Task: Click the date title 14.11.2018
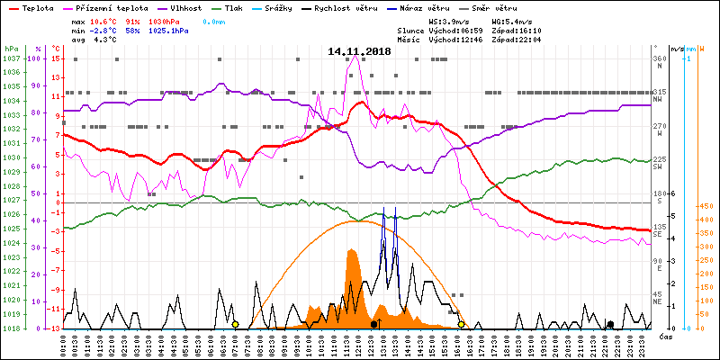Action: (360, 52)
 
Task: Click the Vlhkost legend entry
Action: (184, 7)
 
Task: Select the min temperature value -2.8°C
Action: (104, 30)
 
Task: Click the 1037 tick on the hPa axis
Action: (12, 58)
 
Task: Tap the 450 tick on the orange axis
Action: (706, 206)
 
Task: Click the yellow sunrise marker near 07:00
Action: (235, 324)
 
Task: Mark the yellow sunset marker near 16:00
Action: (462, 324)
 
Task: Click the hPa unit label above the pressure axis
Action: (11, 49)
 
